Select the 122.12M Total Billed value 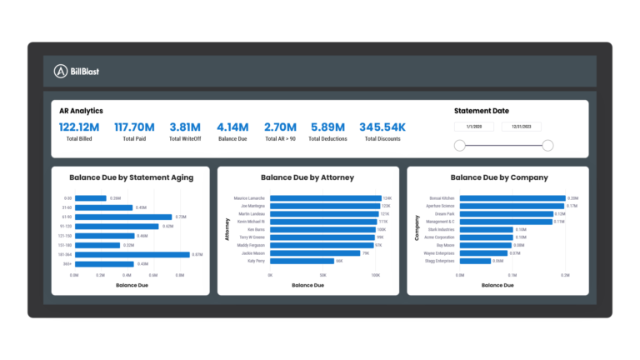click(79, 127)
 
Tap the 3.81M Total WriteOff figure click(186, 127)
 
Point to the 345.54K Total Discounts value click(382, 127)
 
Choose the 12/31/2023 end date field click(522, 127)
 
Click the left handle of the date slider click(459, 146)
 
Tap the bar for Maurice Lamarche click(324, 198)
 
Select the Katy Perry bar click(301, 261)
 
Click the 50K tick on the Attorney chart click(322, 273)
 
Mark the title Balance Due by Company click(498, 177)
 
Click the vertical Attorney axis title click(227, 230)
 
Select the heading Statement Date click(482, 111)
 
